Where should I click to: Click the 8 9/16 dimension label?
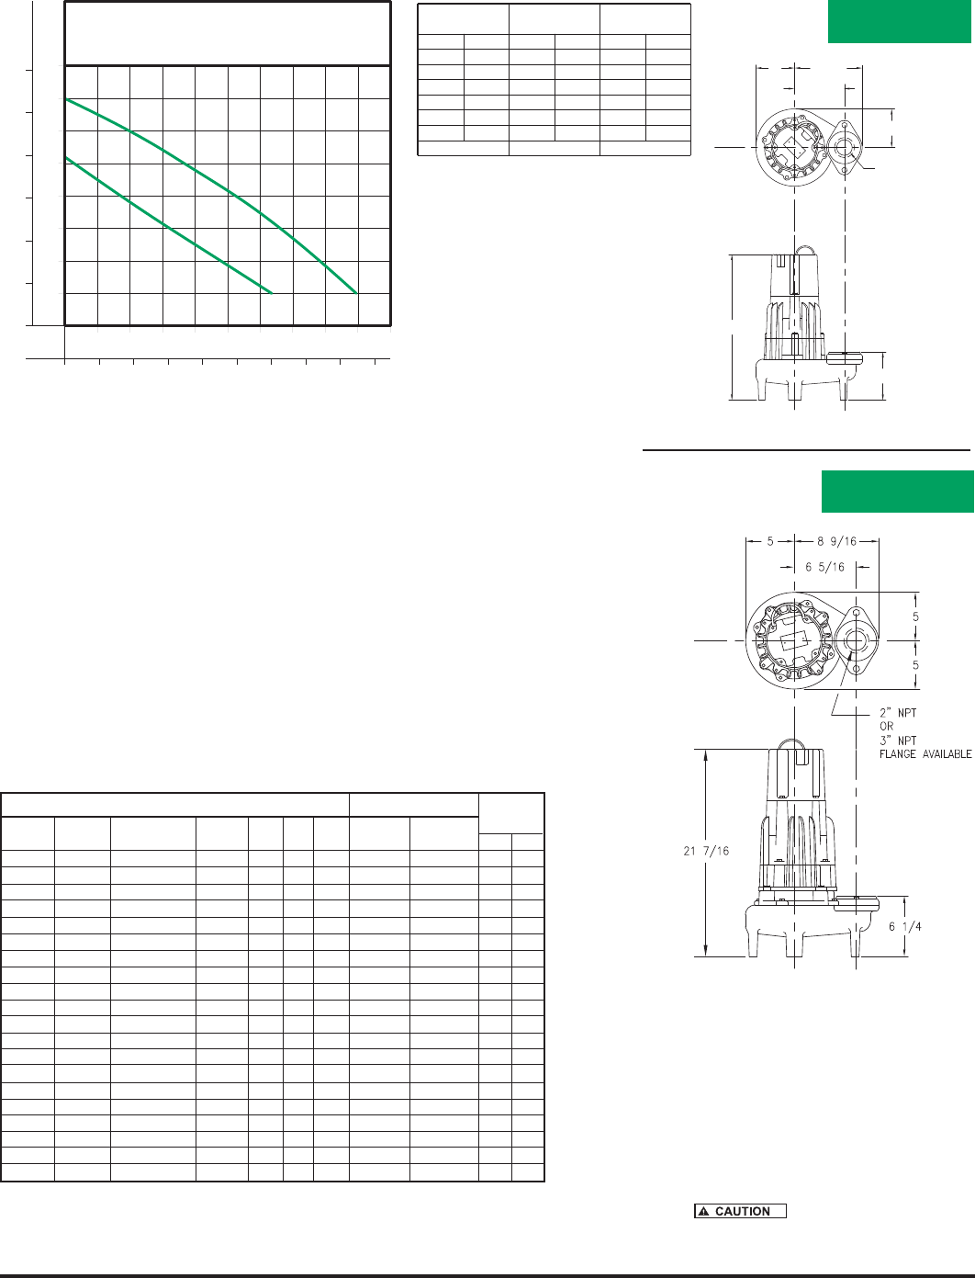pos(836,541)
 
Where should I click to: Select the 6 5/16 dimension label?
pos(824,567)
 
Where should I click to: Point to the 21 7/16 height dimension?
pos(706,851)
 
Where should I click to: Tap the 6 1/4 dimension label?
pos(904,926)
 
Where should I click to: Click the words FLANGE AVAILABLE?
pos(925,754)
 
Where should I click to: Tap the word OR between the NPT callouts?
pos(886,727)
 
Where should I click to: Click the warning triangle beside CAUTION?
pos(704,1212)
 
